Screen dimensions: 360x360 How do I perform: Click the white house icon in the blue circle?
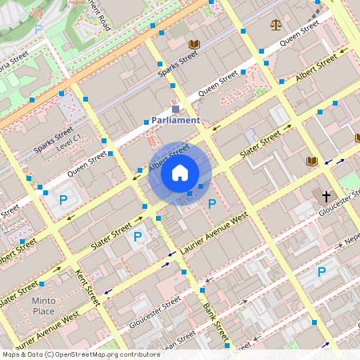pyautogui.click(x=180, y=173)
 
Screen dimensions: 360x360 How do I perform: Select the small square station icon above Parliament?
pyautogui.click(x=176, y=109)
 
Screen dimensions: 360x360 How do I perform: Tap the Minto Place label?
pyautogui.click(x=44, y=306)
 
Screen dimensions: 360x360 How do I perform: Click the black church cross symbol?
pyautogui.click(x=326, y=196)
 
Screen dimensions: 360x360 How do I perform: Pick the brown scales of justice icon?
pyautogui.click(x=277, y=24)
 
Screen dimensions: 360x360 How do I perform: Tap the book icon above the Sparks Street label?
pyautogui.click(x=194, y=44)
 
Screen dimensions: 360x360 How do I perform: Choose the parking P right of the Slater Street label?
pyautogui.click(x=138, y=236)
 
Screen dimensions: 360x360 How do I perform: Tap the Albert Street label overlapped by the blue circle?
pyautogui.click(x=168, y=158)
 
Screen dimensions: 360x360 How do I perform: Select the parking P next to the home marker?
pyautogui.click(x=212, y=204)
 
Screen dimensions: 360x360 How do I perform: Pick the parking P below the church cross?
pyautogui.click(x=322, y=272)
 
